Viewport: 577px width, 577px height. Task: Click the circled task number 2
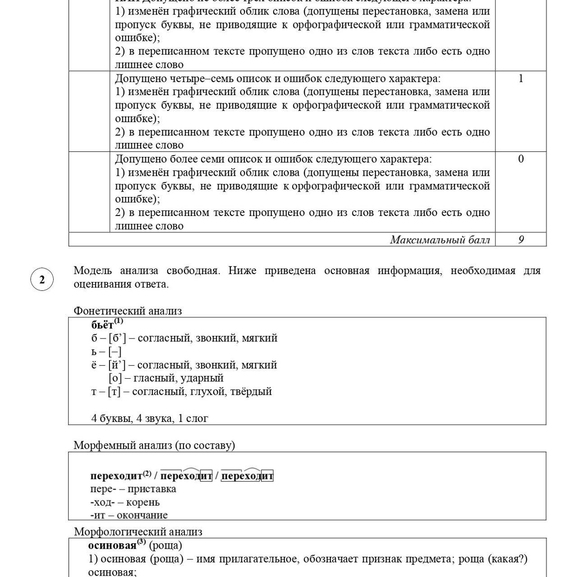point(42,279)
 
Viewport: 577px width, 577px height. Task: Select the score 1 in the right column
point(521,78)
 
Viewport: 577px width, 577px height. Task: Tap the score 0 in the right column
point(521,159)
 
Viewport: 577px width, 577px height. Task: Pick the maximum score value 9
point(521,240)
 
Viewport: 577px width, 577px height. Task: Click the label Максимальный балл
point(440,240)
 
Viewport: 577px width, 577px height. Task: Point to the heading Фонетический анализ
point(128,311)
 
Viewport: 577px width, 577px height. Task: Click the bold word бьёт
point(102,325)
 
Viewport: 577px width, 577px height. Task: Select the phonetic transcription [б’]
point(117,338)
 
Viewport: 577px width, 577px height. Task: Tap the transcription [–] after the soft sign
point(115,352)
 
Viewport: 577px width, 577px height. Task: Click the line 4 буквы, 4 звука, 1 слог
point(150,418)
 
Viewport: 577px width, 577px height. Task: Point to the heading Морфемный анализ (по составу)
point(154,445)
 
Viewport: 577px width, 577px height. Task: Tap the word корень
point(143,502)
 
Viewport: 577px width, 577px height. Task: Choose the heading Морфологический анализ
point(138,532)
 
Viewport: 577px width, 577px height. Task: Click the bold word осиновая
point(112,546)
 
